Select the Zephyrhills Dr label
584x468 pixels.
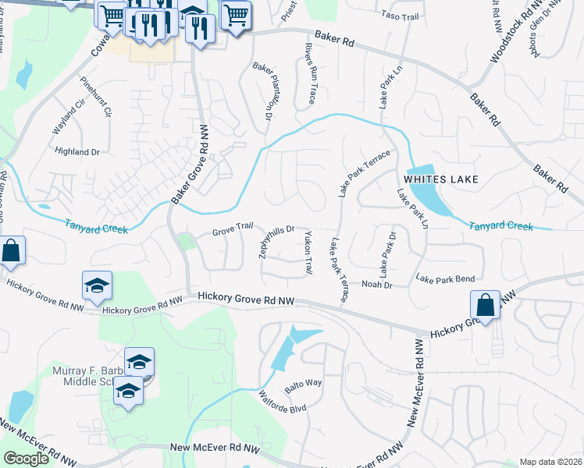(x=276, y=239)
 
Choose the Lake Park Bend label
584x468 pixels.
(x=445, y=278)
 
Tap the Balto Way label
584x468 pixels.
(x=303, y=384)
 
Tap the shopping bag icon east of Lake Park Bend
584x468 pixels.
(x=485, y=305)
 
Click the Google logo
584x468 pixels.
(x=27, y=459)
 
